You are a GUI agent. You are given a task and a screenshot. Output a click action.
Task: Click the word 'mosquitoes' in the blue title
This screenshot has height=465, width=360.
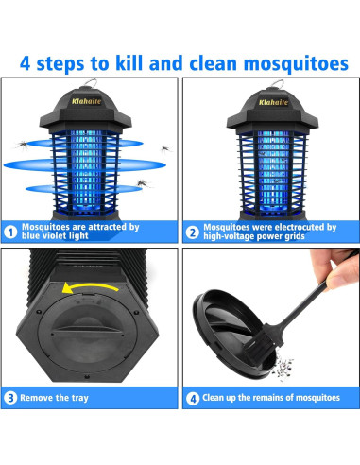pos(296,64)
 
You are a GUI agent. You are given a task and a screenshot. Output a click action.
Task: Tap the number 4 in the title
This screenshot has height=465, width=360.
pos(25,63)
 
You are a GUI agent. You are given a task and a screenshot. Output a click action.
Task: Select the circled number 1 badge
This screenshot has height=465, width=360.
pos(10,232)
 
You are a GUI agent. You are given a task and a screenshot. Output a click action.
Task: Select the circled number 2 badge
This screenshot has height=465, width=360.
pos(192,232)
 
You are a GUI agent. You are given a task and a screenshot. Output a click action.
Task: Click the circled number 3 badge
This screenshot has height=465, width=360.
pos(10,398)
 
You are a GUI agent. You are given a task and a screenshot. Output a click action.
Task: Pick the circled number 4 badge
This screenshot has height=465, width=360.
pos(193,399)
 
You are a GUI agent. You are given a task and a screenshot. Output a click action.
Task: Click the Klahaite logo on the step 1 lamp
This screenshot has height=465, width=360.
pos(86,101)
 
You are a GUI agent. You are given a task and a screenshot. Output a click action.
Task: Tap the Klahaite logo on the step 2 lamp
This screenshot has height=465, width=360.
pos(273,102)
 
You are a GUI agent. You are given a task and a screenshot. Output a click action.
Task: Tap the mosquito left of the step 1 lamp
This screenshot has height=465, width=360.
pos(23,145)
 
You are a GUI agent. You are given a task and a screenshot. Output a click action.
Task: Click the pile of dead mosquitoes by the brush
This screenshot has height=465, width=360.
pos(283,367)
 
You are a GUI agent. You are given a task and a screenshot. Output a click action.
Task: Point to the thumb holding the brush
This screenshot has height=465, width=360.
pos(342,273)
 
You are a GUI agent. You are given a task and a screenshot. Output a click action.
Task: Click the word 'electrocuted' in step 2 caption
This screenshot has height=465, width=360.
pos(299,227)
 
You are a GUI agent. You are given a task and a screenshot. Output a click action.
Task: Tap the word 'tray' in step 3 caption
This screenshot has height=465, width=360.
pos(79,398)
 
